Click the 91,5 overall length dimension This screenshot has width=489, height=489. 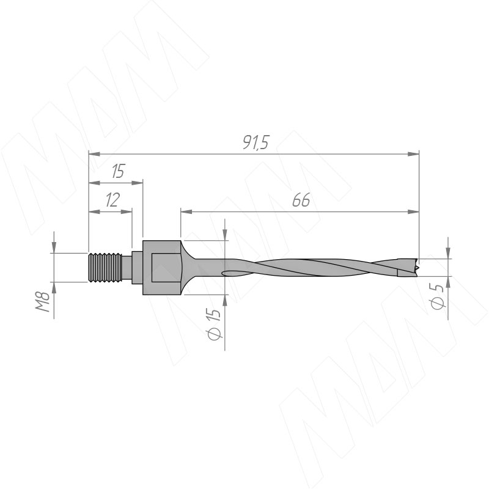(x=256, y=143)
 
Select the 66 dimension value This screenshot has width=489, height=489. (x=301, y=200)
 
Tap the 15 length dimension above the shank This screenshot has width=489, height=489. (x=118, y=171)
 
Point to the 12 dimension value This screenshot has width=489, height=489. (x=112, y=200)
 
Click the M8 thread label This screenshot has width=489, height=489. (x=43, y=301)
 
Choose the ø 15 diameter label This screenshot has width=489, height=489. (x=215, y=325)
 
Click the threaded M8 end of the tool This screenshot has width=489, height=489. (x=105, y=268)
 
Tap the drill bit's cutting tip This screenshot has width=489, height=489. (x=416, y=268)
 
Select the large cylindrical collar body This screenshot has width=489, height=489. (x=161, y=268)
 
